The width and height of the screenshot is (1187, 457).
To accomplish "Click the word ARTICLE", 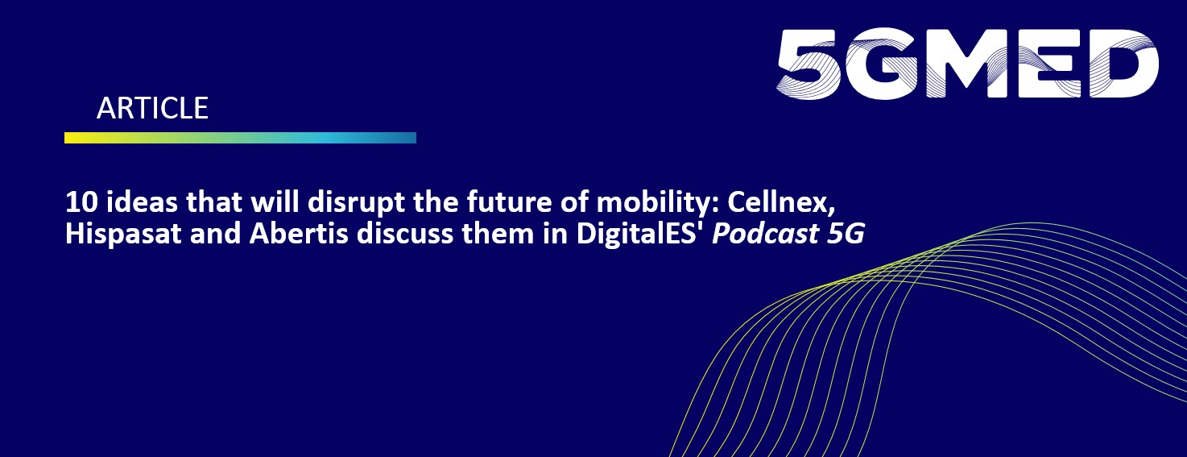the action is [x=153, y=108].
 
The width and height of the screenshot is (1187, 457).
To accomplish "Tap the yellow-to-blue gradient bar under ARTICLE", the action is [x=240, y=138].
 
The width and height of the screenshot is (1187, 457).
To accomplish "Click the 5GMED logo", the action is [x=968, y=64].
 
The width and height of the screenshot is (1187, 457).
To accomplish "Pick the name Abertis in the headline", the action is [x=298, y=234].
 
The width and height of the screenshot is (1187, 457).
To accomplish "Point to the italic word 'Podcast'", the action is [x=765, y=234].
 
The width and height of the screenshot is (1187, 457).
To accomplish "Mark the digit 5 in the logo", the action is [x=809, y=64].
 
